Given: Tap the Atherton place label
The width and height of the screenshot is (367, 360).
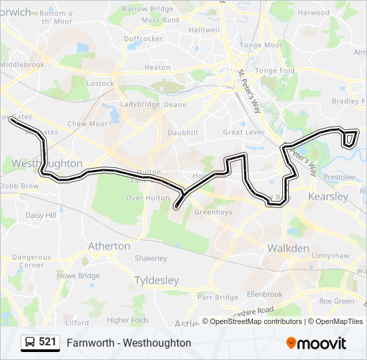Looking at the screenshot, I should click(x=109, y=246).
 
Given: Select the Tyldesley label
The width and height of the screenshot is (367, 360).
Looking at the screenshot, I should click(x=156, y=281).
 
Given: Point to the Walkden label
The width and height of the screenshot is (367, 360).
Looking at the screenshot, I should click(x=288, y=249).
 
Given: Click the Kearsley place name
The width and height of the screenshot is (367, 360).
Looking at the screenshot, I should click(x=328, y=197).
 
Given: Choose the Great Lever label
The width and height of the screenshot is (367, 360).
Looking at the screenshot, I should click(x=244, y=132).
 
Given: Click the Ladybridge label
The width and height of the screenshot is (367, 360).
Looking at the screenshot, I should click(x=140, y=105).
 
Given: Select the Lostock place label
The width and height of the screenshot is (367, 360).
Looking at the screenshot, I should click(x=100, y=83).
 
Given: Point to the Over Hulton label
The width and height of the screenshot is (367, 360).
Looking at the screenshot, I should click(x=148, y=198).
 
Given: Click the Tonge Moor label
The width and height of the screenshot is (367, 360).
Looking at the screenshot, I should click(x=260, y=45).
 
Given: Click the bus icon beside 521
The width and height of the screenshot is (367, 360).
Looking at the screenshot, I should click(x=29, y=343).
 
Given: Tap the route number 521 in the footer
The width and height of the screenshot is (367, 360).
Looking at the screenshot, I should click(x=47, y=342).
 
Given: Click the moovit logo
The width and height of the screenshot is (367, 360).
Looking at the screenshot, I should click(x=316, y=343).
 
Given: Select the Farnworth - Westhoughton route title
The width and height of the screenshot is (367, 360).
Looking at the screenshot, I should click(x=129, y=343).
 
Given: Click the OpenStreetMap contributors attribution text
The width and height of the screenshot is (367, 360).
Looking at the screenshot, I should click(x=256, y=321).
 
